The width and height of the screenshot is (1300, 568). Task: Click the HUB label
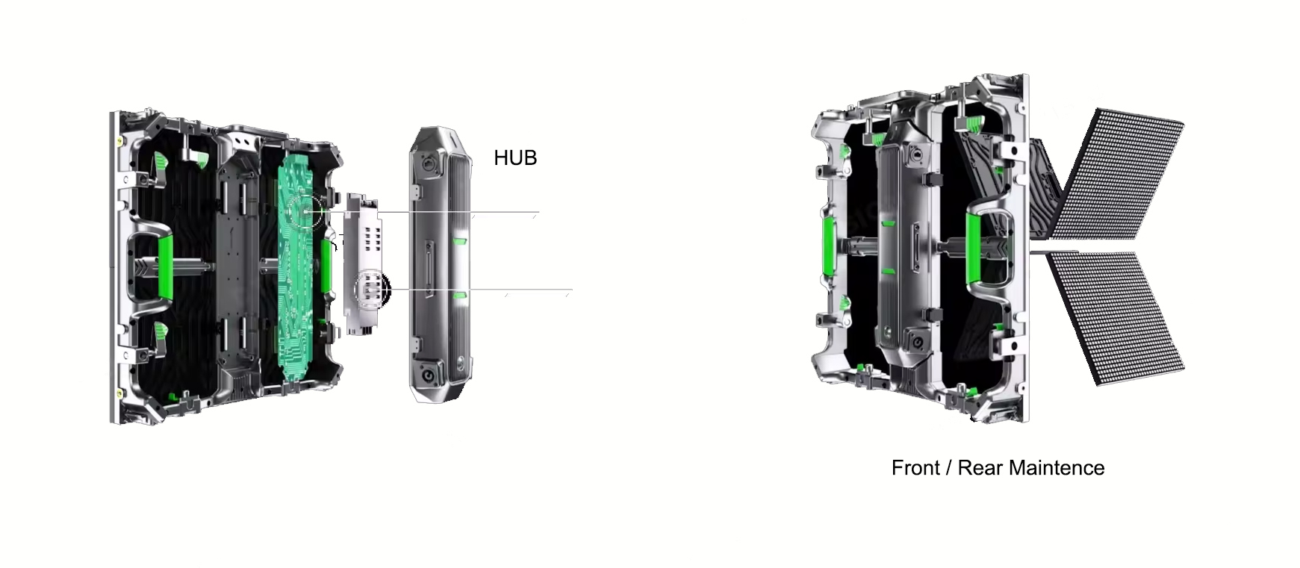pyautogui.click(x=515, y=157)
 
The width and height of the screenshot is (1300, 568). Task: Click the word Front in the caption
pyautogui.click(x=915, y=468)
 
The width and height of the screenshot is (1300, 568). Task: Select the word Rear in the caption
pyautogui.click(x=980, y=468)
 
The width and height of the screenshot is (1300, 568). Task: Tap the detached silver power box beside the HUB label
pyautogui.click(x=441, y=264)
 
